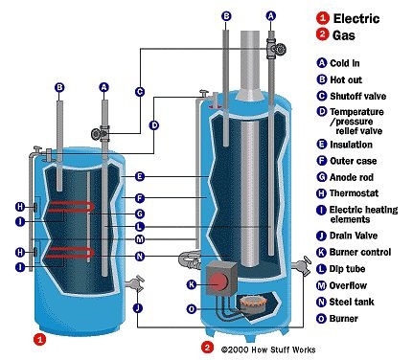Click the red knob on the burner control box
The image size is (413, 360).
tap(218, 281)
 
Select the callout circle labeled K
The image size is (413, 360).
tap(192, 284)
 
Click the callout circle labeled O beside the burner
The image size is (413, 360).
tap(192, 309)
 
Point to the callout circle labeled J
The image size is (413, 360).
tap(138, 308)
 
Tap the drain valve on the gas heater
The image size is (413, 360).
tap(302, 264)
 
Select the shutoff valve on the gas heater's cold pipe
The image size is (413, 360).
tap(276, 49)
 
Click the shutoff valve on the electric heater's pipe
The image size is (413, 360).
tap(101, 133)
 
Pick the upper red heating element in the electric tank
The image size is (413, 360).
tap(71, 206)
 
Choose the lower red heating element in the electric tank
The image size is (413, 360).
tap(71, 252)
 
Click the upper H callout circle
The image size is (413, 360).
tap(20, 207)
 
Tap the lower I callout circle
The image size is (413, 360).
tap(20, 267)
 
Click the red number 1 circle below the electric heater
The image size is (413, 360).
tap(40, 339)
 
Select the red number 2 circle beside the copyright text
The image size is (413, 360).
tap(207, 348)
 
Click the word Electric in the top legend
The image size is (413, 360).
tap(356, 18)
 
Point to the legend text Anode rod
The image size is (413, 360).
tap(352, 177)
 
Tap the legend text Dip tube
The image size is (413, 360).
tap(347, 269)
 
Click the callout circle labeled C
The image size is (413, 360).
tap(140, 92)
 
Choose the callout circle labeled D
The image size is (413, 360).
tap(154, 125)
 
